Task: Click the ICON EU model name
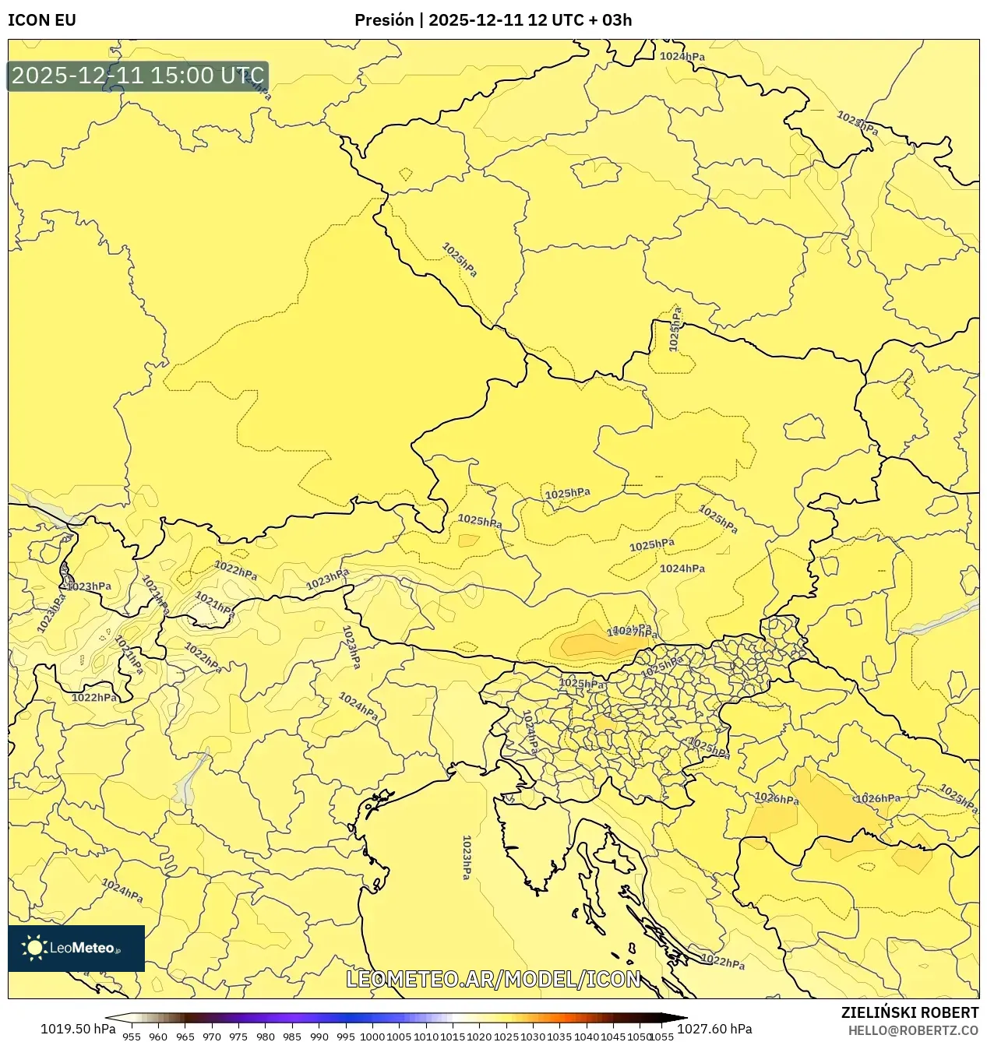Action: click(x=42, y=20)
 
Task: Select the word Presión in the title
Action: click(x=384, y=20)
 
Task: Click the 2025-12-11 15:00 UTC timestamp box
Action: click(x=138, y=76)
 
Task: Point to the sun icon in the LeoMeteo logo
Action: click(x=34, y=948)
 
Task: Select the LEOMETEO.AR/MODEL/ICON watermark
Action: click(x=493, y=979)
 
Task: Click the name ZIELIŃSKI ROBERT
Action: click(x=909, y=1012)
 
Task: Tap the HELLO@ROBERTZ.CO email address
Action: click(x=913, y=1030)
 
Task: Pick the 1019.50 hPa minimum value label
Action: click(x=77, y=1029)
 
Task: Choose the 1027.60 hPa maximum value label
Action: click(x=714, y=1029)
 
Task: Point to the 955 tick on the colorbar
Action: click(x=132, y=1037)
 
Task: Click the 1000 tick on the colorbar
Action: click(x=372, y=1037)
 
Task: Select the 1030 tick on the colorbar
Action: click(x=533, y=1037)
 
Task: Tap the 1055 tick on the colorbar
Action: click(x=662, y=1037)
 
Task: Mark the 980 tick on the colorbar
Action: click(x=266, y=1037)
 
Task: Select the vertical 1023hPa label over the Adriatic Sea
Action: click(x=467, y=857)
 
